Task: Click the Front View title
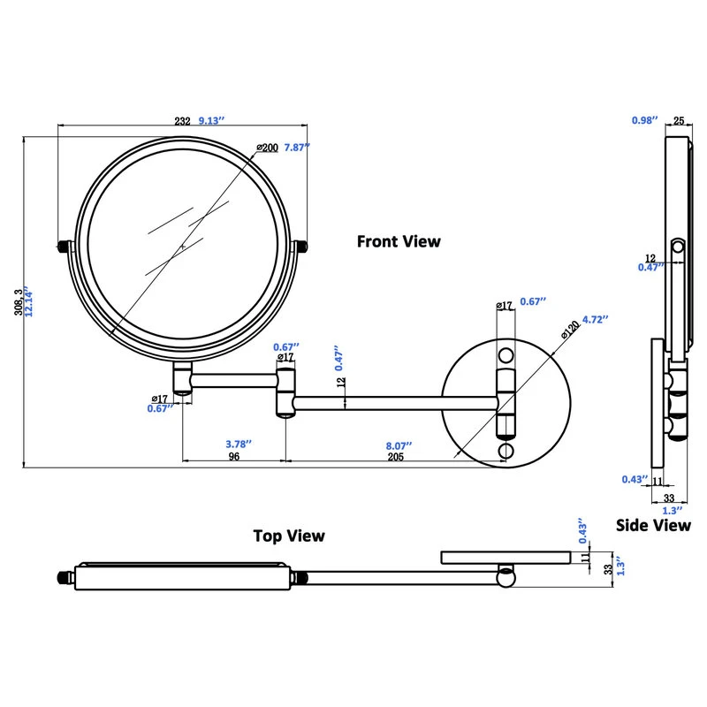pyautogui.click(x=398, y=240)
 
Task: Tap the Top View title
pyautogui.click(x=289, y=536)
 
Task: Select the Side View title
pyautogui.click(x=653, y=525)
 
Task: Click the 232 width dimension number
pyautogui.click(x=182, y=122)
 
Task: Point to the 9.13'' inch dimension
pyautogui.click(x=211, y=122)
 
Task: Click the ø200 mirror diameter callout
pyautogui.click(x=267, y=147)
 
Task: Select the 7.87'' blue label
pyautogui.click(x=297, y=148)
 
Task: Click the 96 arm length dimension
pyautogui.click(x=235, y=457)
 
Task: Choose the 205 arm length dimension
pyautogui.click(x=395, y=457)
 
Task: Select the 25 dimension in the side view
pyautogui.click(x=679, y=120)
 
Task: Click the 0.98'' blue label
pyautogui.click(x=645, y=120)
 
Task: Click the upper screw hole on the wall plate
pyautogui.click(x=506, y=356)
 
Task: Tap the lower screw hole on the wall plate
pyautogui.click(x=505, y=452)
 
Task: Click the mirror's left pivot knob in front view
pyautogui.click(x=64, y=245)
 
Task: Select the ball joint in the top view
pyautogui.click(x=506, y=577)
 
